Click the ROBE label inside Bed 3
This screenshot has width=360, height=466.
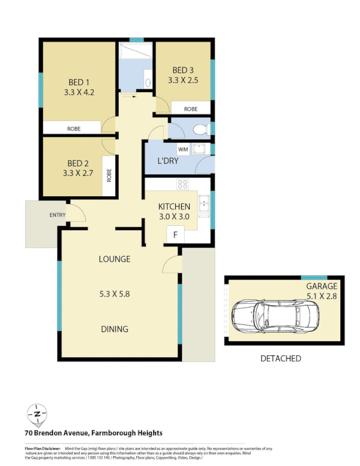coord(190,109)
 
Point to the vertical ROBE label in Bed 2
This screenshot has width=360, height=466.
coord(109,175)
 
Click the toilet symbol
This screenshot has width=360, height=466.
coord(200,129)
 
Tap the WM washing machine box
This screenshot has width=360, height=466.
coord(183,150)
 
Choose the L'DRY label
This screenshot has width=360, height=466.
coord(168,161)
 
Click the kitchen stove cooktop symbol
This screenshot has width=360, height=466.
coord(182,185)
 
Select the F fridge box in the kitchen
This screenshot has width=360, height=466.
coord(175,235)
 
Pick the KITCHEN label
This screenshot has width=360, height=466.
coord(174,207)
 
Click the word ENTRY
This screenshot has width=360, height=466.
coord(57,216)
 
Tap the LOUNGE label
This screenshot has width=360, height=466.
coord(114,259)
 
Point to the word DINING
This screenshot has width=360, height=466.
coord(114,329)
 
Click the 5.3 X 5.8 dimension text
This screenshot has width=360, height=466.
coord(114,294)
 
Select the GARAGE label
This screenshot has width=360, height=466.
coord(322,287)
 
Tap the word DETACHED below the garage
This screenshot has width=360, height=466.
coord(280,358)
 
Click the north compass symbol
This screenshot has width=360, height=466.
coord(37,414)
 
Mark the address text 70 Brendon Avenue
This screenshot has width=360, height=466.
coord(57,433)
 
